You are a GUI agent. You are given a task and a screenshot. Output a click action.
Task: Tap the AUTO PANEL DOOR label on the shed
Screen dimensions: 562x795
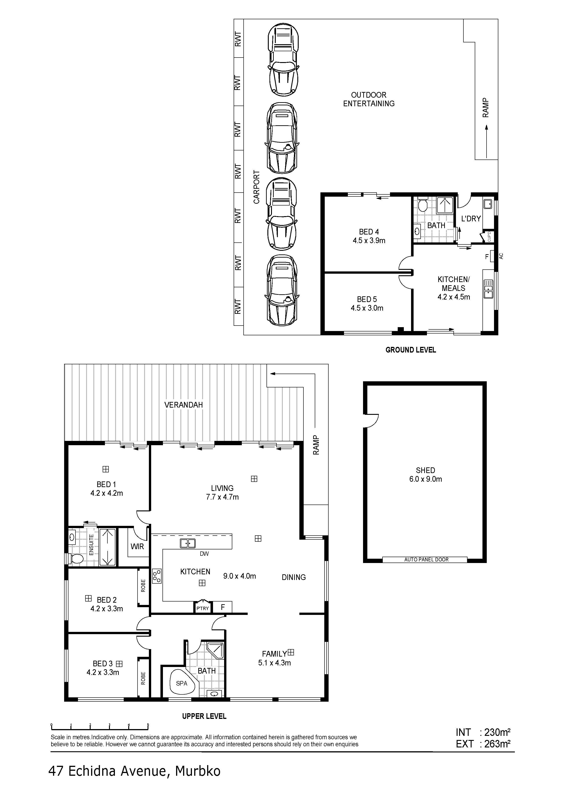[x=426, y=559]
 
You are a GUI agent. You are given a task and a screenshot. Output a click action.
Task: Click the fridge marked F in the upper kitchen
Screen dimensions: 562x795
[x=223, y=607]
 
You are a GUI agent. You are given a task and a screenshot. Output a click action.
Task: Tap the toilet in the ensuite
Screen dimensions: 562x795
[x=75, y=558]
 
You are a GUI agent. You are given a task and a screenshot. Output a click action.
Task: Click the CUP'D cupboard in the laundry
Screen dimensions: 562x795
[x=489, y=237]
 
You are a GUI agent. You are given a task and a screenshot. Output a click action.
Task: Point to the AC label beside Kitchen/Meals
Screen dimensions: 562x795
[x=501, y=256]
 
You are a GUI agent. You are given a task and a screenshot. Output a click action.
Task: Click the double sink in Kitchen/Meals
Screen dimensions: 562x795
[x=488, y=290]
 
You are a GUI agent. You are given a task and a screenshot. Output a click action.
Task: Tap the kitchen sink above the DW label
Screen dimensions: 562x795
[x=188, y=543]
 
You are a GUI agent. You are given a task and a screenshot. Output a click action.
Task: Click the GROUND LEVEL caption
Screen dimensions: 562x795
[x=411, y=350]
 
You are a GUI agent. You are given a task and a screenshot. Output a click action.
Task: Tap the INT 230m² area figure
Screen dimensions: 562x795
[x=483, y=732]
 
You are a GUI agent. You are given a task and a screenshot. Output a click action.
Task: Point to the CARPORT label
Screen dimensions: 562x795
[x=256, y=187]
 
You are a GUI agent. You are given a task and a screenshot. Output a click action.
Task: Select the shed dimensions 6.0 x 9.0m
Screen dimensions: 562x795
[x=426, y=479]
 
